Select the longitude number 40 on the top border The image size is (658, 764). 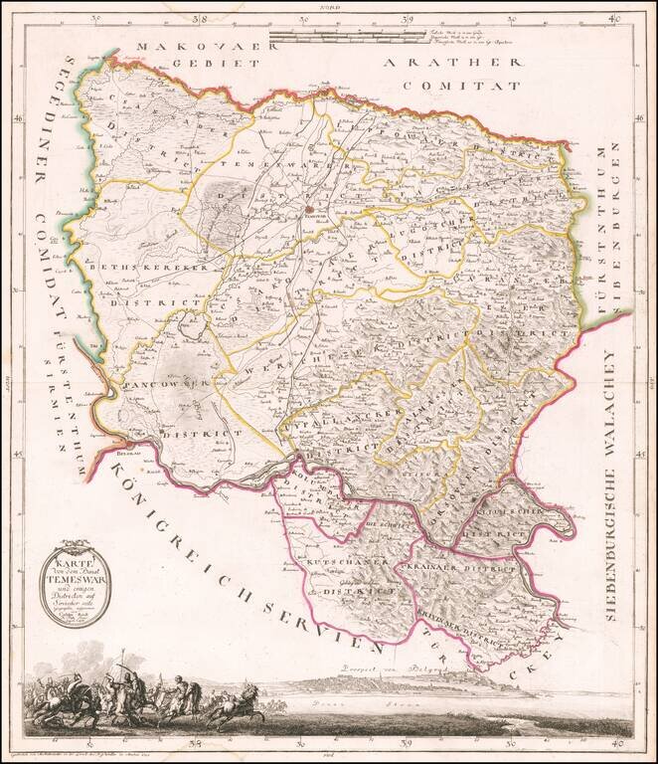[616, 18]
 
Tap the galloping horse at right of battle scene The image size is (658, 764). [242, 710]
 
